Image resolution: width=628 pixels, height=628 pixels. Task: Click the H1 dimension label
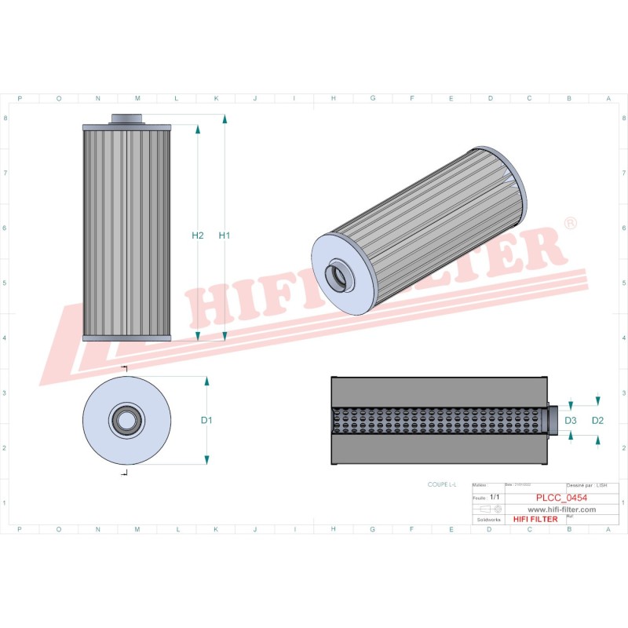point(225,235)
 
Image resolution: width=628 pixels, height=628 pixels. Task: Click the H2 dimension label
point(198,235)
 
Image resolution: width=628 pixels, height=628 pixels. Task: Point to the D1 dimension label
point(206,420)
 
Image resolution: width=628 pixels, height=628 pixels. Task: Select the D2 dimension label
point(597,421)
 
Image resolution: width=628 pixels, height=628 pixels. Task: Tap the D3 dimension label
point(571,421)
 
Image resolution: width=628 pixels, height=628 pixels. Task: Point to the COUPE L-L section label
point(443,487)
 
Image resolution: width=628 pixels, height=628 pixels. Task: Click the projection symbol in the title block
point(490,509)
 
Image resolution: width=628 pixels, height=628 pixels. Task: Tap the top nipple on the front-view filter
point(126,119)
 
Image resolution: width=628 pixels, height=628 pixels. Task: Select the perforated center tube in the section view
point(440,420)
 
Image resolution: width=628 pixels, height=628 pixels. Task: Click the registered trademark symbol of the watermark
point(570,224)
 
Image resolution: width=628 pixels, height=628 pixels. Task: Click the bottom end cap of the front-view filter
point(126,338)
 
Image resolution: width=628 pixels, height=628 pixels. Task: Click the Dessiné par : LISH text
point(586,487)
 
